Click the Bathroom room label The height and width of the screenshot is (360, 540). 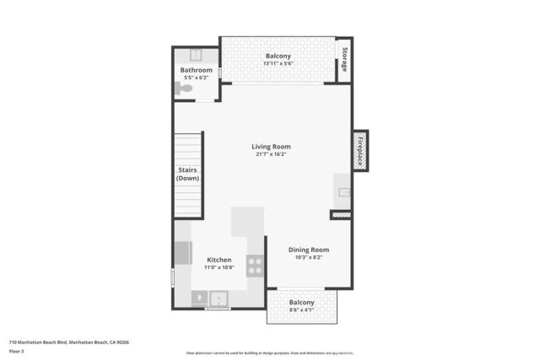pos(196,70)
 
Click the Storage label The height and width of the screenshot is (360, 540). pos(344,60)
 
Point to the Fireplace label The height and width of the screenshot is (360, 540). pos(360,151)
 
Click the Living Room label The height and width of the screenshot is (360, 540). pos(271,146)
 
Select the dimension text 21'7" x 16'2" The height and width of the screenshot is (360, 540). pos(271,154)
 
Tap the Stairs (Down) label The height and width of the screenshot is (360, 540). pos(188,174)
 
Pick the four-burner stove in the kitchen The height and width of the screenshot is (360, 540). pos(255,266)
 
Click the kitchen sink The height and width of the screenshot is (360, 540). pos(219,298)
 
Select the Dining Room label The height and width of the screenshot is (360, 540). pos(308,250)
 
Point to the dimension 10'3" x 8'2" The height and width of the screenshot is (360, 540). pos(308,258)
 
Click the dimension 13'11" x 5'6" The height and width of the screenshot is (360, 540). pos(278,64)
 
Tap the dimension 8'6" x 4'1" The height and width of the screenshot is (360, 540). pos(301,310)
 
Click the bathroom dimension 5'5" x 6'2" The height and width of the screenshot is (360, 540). pos(196,78)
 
